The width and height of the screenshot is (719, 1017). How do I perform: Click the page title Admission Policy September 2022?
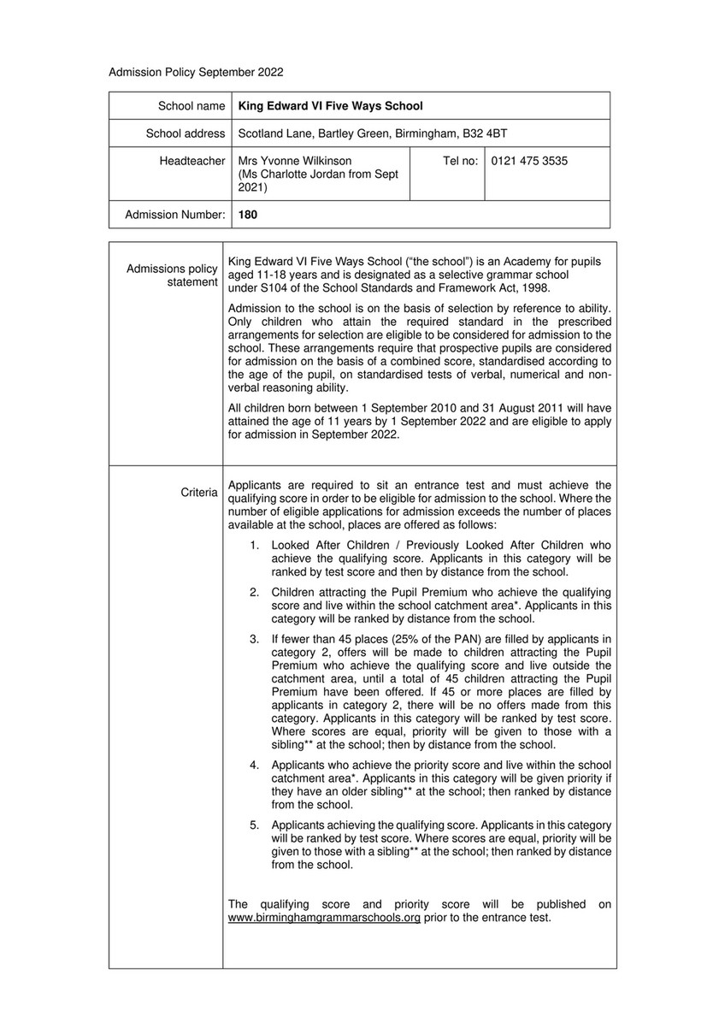pyautogui.click(x=196, y=73)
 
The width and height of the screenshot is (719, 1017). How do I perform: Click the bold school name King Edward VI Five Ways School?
pyautogui.click(x=330, y=106)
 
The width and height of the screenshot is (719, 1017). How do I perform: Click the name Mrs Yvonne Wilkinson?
pyautogui.click(x=294, y=161)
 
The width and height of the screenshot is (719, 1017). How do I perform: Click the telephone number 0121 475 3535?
pyautogui.click(x=529, y=161)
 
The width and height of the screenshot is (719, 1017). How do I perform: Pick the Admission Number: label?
pyautogui.click(x=175, y=216)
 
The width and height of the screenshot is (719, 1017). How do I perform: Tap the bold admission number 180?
pyautogui.click(x=247, y=216)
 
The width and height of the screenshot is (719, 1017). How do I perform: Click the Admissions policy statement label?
pyautogui.click(x=172, y=275)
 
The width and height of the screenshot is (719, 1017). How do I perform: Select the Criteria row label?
pyautogui.click(x=199, y=493)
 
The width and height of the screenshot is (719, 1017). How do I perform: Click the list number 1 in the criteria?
pyautogui.click(x=254, y=545)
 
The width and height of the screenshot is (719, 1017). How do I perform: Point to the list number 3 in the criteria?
pyautogui.click(x=254, y=638)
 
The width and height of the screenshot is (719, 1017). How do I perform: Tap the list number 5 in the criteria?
pyautogui.click(x=254, y=825)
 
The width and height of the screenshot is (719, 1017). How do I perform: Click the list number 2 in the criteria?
pyautogui.click(x=254, y=592)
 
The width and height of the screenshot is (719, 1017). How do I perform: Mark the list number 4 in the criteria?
pyautogui.click(x=254, y=764)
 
